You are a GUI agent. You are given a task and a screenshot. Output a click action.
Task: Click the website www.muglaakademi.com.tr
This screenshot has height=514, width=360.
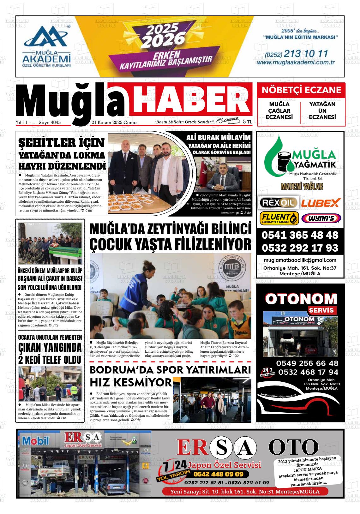[296, 63]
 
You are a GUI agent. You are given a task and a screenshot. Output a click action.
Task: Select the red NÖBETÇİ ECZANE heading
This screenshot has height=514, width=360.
[301, 90]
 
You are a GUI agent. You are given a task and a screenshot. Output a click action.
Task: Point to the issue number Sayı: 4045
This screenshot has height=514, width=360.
[50, 123]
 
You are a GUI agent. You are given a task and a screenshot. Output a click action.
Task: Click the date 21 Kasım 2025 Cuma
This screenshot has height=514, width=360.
[114, 123]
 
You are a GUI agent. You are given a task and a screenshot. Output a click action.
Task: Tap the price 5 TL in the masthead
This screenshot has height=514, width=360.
[248, 122]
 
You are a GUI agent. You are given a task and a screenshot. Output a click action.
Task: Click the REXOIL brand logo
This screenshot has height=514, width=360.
[278, 202]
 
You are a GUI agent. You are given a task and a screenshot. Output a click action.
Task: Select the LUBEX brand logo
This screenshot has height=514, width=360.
[321, 202]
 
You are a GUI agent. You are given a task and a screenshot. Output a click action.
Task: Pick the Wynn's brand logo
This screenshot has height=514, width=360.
[321, 218]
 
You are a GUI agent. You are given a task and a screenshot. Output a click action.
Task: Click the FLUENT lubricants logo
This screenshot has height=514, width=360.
[279, 218]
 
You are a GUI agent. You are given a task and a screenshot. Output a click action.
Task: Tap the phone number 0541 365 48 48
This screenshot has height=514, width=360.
[300, 235]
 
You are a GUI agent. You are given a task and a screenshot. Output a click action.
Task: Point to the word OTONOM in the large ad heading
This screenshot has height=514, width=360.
[301, 299]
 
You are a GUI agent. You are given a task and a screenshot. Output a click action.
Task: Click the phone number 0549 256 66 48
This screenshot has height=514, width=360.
[307, 363]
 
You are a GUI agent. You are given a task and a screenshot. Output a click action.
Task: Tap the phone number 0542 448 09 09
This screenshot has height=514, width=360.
[218, 474]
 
